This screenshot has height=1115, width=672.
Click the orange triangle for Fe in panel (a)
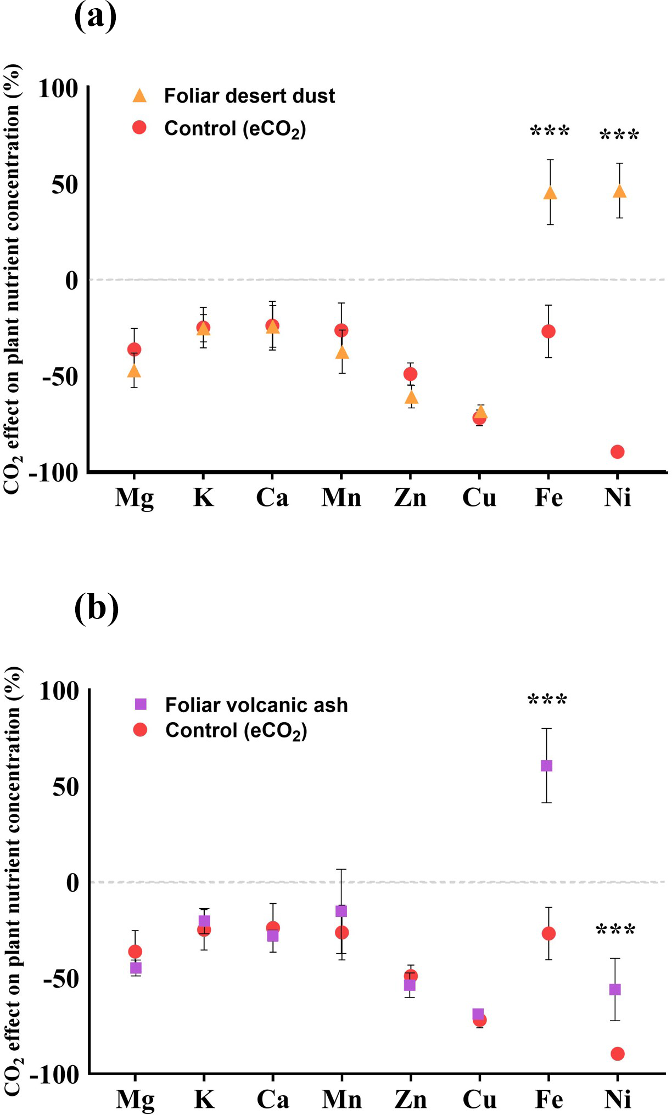550,193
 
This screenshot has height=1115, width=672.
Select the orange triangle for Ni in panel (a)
619,192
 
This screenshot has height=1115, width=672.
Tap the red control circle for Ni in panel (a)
618,452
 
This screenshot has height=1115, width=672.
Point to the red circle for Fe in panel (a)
548,331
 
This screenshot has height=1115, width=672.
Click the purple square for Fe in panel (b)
547,765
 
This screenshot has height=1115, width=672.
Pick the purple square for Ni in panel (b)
615,989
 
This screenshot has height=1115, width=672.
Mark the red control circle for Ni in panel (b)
618,1054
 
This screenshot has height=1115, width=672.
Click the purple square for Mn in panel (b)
341,911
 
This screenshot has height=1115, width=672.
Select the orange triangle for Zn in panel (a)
411,397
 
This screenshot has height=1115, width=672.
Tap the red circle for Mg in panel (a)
135,349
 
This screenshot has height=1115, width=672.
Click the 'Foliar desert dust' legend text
249,96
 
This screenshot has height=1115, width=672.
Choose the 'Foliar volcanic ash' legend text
256,705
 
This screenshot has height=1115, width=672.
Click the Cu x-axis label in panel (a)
479,498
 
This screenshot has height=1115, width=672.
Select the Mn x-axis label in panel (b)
341,1100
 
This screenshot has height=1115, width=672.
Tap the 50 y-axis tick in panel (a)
65,184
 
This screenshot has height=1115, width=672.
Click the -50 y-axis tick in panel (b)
58,979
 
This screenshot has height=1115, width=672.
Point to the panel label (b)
97,609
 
